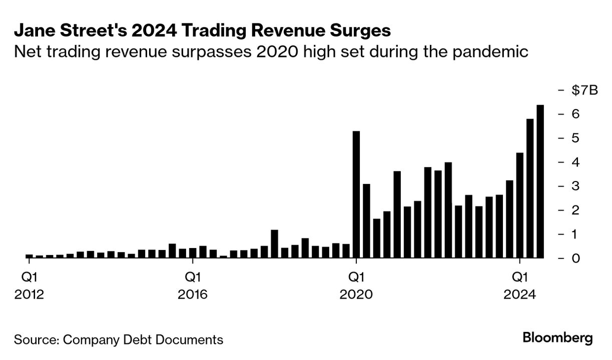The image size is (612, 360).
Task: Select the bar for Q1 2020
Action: (356, 194)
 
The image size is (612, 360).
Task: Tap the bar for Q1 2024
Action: (519, 205)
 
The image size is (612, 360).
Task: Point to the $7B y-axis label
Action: (584, 90)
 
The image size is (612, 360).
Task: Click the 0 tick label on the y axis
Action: (575, 258)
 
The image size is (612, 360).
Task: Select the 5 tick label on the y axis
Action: (575, 138)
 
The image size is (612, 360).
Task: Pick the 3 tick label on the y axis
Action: (575, 186)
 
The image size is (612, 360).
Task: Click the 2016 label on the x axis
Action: (193, 295)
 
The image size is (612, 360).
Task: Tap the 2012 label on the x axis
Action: (29, 295)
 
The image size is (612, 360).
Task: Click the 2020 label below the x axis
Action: (356, 295)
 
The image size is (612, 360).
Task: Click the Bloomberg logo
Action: (557, 338)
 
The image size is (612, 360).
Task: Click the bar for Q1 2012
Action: (29, 256)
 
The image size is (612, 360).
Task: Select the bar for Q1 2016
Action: (193, 253)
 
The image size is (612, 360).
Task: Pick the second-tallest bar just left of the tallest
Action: (530, 188)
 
